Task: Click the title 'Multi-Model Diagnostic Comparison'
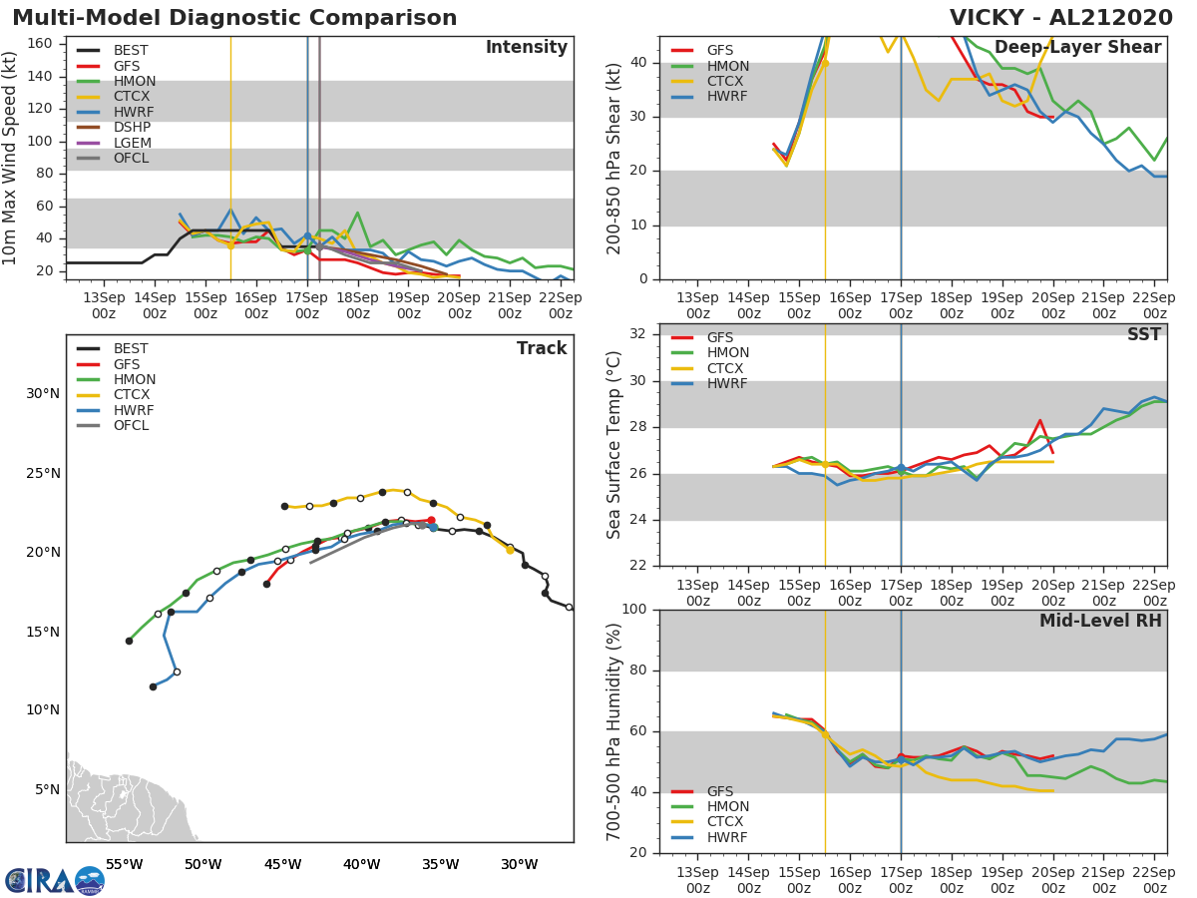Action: click(234, 18)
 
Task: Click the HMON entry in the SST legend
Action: click(727, 352)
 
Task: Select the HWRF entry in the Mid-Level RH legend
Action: click(727, 837)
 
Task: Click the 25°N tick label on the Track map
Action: click(42, 473)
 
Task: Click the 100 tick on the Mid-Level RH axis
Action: click(636, 610)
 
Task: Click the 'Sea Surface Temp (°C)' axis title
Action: click(614, 444)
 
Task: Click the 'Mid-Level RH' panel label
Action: click(1100, 621)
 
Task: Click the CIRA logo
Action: click(55, 880)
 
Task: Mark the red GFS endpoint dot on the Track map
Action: click(431, 520)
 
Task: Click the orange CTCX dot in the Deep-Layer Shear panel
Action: click(825, 63)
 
